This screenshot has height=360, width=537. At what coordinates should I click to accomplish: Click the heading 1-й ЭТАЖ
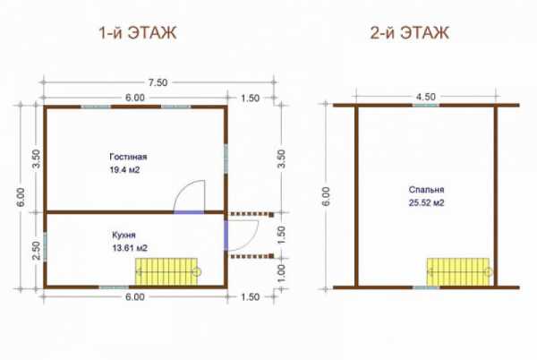[x=138, y=33]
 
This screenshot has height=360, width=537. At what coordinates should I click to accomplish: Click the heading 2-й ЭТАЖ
[x=409, y=33]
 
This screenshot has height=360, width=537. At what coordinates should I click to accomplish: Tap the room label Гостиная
[x=128, y=157]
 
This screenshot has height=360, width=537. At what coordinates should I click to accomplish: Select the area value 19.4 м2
[x=124, y=170]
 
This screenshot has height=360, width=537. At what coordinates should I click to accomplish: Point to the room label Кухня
[x=124, y=236]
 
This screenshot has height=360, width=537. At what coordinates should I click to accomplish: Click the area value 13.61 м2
[x=130, y=248]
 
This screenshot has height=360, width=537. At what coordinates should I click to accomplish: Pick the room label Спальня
[x=426, y=190]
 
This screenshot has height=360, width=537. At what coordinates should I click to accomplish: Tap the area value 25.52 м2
[x=426, y=202]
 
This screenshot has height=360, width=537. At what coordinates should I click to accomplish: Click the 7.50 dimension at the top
[x=158, y=82]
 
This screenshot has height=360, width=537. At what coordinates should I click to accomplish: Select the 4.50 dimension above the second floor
[x=426, y=97]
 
